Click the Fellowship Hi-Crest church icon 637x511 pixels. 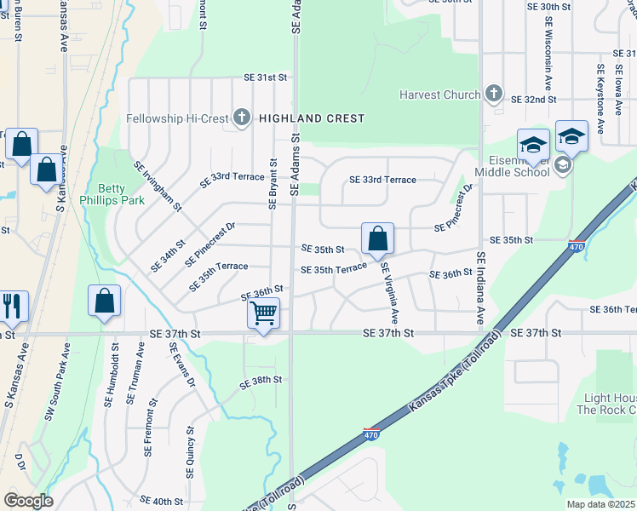242,118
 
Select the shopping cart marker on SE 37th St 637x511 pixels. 263,313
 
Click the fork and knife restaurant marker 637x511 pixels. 11,306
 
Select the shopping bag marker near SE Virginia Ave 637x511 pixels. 376,238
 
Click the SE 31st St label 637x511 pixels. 266,78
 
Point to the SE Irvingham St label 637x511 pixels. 158,186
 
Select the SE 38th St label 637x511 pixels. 261,382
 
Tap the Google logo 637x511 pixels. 28,501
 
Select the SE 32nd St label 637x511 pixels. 533,100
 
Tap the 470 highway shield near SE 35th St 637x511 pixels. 576,246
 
